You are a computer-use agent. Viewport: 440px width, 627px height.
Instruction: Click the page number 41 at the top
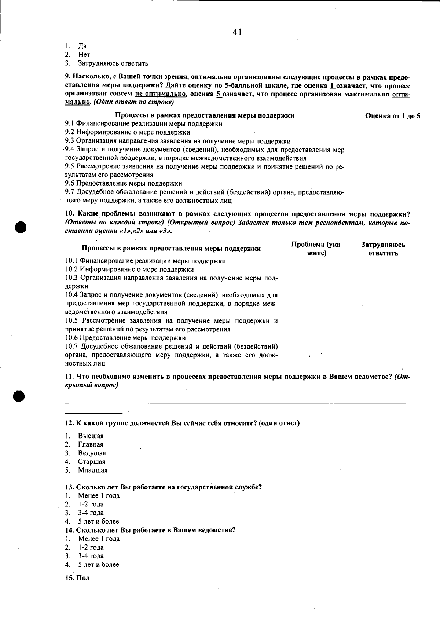pyautogui.click(x=237, y=32)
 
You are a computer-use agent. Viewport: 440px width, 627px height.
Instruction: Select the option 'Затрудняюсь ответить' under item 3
pyautogui.click(x=113, y=63)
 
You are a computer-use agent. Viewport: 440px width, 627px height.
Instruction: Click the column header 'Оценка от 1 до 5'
pyautogui.click(x=392, y=116)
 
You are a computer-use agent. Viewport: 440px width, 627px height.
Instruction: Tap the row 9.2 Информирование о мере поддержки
pyautogui.click(x=128, y=132)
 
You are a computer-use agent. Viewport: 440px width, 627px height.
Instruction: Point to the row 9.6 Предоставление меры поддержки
pyautogui.click(x=124, y=183)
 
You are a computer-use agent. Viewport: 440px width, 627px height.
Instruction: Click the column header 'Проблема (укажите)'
pyautogui.click(x=317, y=249)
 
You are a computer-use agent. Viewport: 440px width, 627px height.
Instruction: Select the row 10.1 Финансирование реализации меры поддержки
pyautogui.click(x=146, y=261)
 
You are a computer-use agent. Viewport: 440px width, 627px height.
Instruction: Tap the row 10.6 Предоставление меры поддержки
pyautogui.click(x=125, y=338)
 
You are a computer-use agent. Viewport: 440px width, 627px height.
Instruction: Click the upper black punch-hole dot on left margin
pyautogui.click(x=22, y=227)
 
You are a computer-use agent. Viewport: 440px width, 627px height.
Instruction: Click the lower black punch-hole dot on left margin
pyautogui.click(x=19, y=396)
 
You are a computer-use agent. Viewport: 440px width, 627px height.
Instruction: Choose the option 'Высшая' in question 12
pyautogui.click(x=91, y=436)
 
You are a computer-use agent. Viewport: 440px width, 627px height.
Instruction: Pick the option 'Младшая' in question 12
pyautogui.click(x=92, y=470)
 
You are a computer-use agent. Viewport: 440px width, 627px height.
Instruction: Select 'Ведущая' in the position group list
pyautogui.click(x=92, y=453)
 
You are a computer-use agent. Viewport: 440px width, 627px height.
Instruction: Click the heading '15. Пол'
pyautogui.click(x=77, y=578)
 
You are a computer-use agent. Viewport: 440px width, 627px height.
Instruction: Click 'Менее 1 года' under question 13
pyautogui.click(x=99, y=496)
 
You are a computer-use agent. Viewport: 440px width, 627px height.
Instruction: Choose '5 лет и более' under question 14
pyautogui.click(x=98, y=565)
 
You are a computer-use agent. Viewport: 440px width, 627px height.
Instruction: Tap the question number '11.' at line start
pyautogui.click(x=70, y=377)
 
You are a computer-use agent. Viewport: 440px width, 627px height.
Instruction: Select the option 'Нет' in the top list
pyautogui.click(x=84, y=55)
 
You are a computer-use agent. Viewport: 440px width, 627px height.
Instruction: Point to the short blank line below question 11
pyautogui.click(x=93, y=412)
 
